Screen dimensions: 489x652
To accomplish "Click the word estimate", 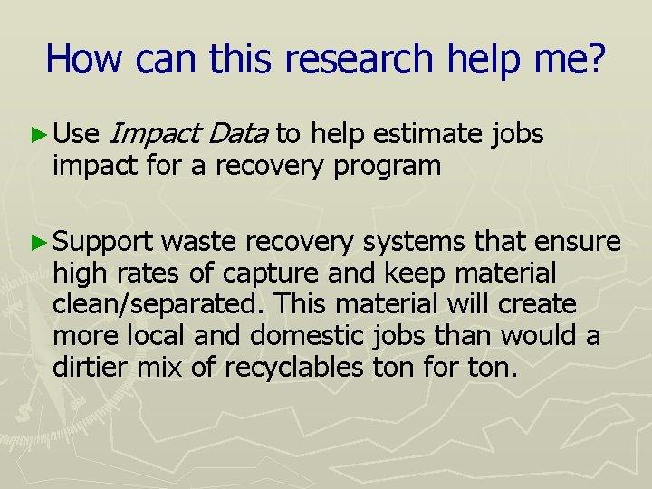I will [428, 134].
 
